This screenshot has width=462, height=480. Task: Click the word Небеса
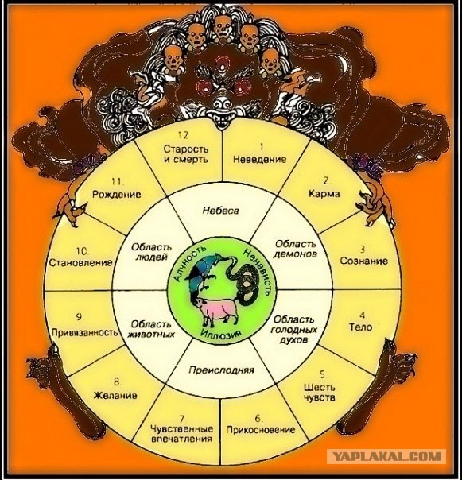point(220,211)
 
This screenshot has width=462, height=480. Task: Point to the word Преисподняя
point(221,370)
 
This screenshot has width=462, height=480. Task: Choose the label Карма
point(324,194)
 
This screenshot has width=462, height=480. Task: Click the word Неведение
point(260,160)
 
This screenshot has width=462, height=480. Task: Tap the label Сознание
point(364,261)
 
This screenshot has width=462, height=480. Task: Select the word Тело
point(360,327)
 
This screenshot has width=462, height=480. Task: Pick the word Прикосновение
point(261,429)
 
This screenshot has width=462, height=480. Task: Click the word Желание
point(115,395)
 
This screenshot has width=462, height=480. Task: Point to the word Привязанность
point(84,332)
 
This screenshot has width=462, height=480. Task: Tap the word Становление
point(80,263)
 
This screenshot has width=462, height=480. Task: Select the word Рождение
point(117,195)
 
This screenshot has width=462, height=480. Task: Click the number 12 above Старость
point(183,135)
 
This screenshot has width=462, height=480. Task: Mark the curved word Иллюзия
point(220,333)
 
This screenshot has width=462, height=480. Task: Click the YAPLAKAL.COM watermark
point(386,456)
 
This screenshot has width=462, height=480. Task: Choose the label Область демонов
point(295,250)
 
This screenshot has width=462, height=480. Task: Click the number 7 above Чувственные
point(182,418)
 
